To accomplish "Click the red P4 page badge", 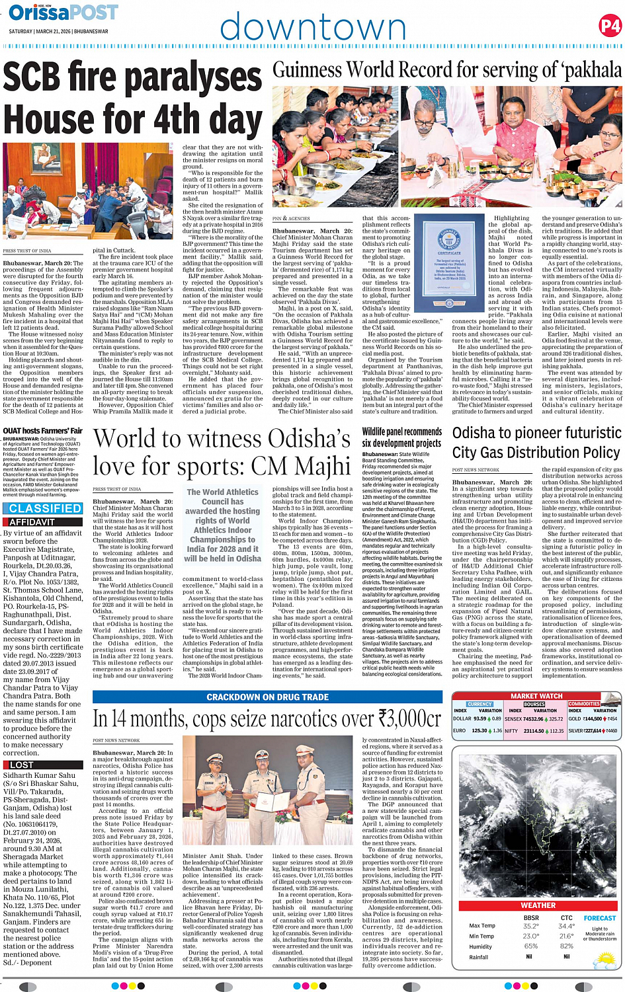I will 609,26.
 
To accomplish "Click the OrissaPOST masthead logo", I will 63,13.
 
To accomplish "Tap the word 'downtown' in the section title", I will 313,28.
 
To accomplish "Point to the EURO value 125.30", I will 479,731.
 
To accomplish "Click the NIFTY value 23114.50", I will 534,731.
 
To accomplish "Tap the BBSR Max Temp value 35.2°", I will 530,926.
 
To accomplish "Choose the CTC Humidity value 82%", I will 566,946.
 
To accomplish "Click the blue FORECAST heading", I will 599,918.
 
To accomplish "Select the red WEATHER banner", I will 538,905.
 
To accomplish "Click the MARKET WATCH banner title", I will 536,696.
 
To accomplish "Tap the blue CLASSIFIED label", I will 45,508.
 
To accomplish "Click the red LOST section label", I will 22,765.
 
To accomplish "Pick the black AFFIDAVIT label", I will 32,522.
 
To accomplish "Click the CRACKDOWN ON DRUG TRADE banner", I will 267,697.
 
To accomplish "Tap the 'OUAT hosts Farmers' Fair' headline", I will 42,430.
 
